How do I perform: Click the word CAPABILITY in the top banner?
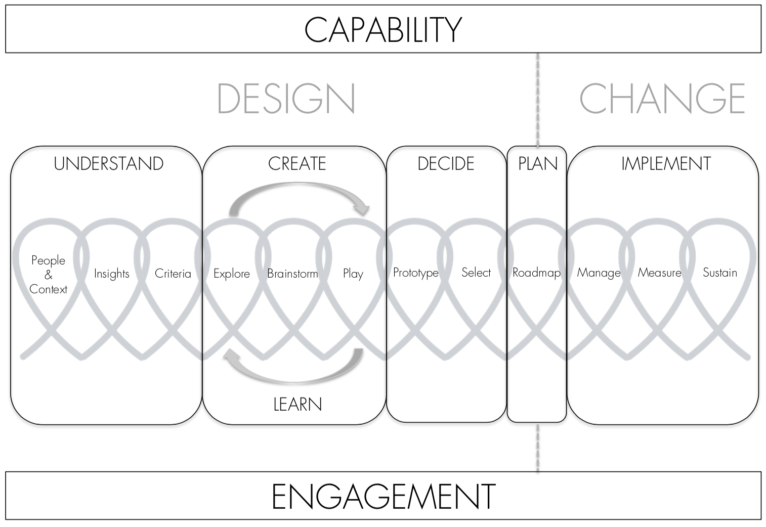[x=383, y=29]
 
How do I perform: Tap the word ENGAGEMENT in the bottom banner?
[x=383, y=496]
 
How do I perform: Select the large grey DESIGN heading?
[x=286, y=99]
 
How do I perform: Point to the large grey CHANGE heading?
[x=662, y=99]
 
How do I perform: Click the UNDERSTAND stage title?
[x=109, y=164]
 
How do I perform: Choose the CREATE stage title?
[x=297, y=164]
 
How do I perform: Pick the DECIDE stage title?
[x=446, y=164]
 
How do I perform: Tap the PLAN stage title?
[x=538, y=164]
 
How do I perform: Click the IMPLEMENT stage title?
[x=666, y=164]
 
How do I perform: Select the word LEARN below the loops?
[x=297, y=405]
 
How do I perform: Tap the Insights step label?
[x=112, y=274]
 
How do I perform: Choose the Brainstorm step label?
[x=292, y=274]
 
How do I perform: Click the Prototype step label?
[x=415, y=273]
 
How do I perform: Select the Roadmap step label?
[x=536, y=273]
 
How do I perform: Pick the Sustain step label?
[x=719, y=273]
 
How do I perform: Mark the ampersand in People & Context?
[x=49, y=275]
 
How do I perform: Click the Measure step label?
[x=659, y=273]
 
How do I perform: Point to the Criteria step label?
[x=173, y=274]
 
